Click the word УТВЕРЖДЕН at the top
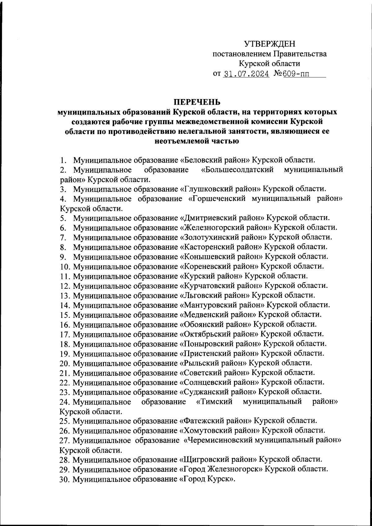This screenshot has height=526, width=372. (x=269, y=43)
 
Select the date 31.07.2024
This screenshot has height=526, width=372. (x=246, y=74)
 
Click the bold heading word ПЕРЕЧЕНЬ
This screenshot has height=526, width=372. (x=197, y=102)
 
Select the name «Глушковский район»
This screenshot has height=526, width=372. (x=220, y=189)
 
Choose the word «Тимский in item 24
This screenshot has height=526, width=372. (x=215, y=402)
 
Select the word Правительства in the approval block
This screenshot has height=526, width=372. (x=299, y=54)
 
